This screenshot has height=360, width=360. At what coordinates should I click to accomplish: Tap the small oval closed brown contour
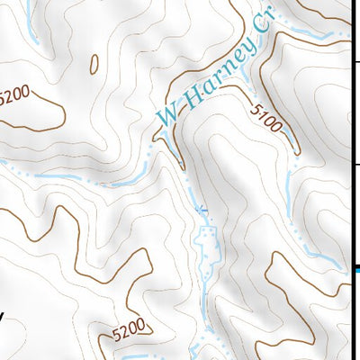pos(93,63)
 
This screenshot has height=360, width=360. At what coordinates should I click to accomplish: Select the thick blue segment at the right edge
pos(357,267)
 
